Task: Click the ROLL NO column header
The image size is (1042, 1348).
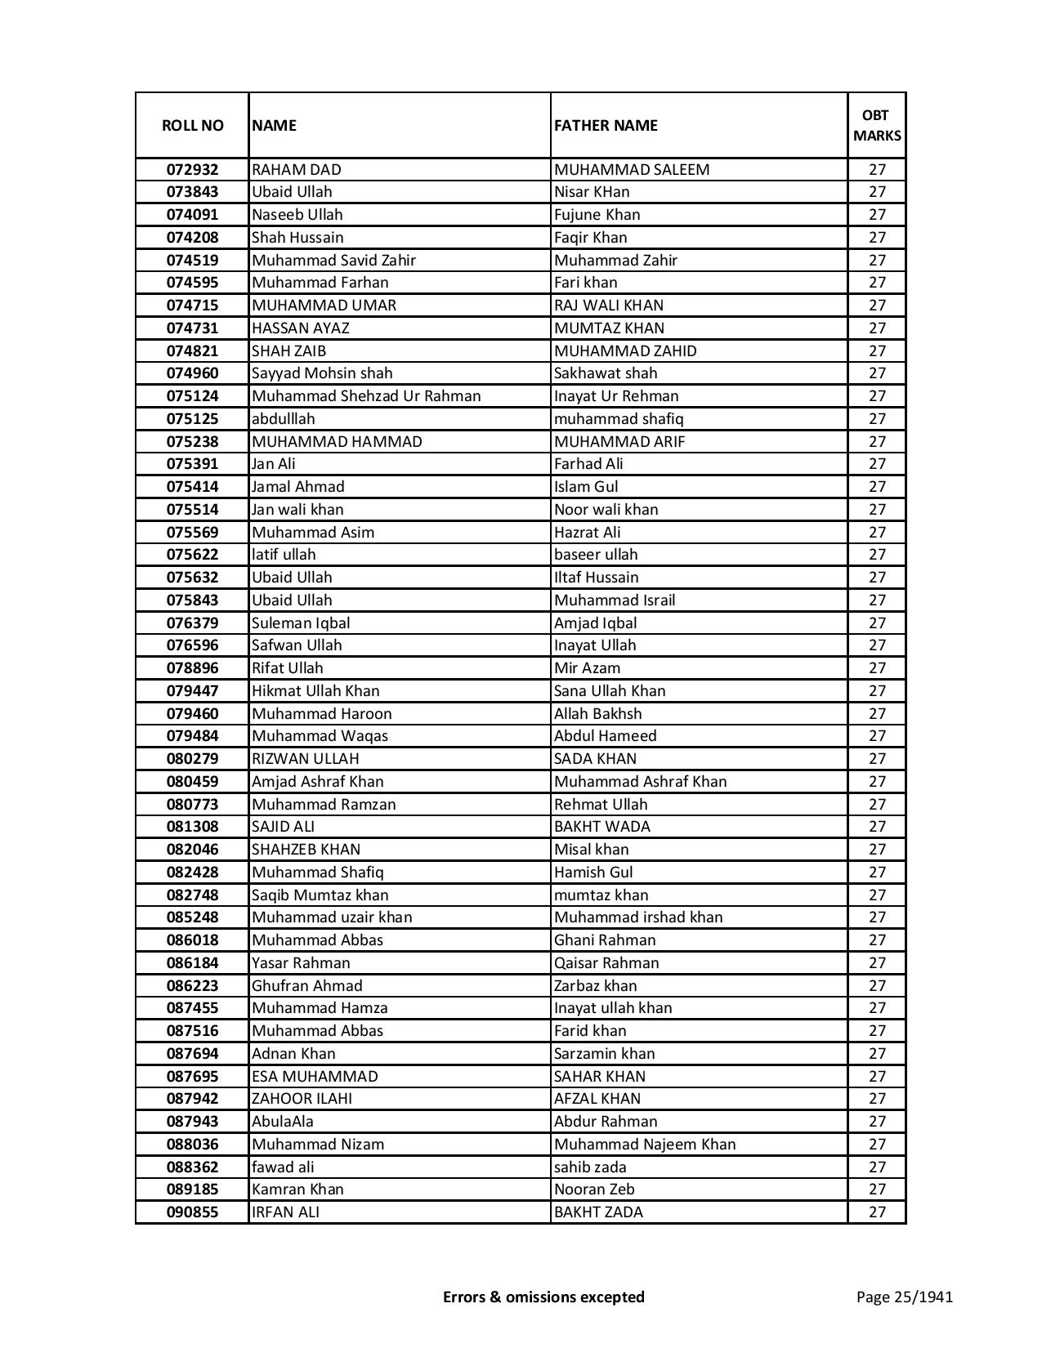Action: pyautogui.click(x=192, y=125)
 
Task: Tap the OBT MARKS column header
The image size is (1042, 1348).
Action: pyautogui.click(x=877, y=125)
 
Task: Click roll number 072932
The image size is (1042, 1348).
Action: pyautogui.click(x=192, y=170)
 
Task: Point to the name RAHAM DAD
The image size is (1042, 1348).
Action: pyautogui.click(x=297, y=170)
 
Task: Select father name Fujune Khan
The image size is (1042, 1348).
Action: pyautogui.click(x=597, y=215)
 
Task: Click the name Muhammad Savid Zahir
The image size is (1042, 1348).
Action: pyautogui.click(x=333, y=261)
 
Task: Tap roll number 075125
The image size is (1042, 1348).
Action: pyautogui.click(x=192, y=419)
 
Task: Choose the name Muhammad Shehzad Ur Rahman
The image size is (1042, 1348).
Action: pyautogui.click(x=366, y=396)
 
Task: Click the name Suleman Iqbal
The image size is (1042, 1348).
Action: pyautogui.click(x=301, y=623)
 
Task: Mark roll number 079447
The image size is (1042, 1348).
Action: pyautogui.click(x=192, y=691)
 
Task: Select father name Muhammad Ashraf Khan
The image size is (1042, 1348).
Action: pyautogui.click(x=640, y=782)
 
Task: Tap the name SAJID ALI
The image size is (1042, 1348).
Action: pyautogui.click(x=283, y=827)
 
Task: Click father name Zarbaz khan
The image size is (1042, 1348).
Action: pyautogui.click(x=595, y=986)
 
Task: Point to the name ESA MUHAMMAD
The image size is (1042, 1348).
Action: pyautogui.click(x=315, y=1077)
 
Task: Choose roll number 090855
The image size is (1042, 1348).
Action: pyautogui.click(x=192, y=1212)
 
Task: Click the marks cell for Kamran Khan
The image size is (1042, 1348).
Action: pyautogui.click(x=877, y=1190)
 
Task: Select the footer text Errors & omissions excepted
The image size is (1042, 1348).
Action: pyautogui.click(x=543, y=1297)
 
